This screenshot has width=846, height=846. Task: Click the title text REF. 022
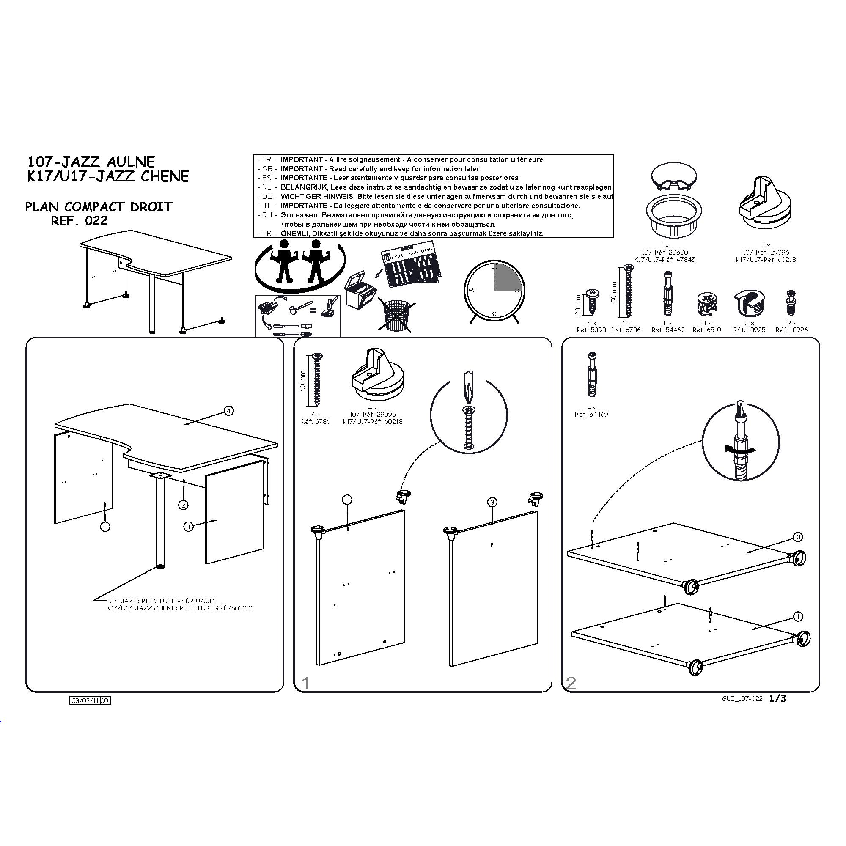tap(79, 221)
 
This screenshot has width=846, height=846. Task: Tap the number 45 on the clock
tap(472, 290)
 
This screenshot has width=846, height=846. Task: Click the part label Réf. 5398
tap(591, 330)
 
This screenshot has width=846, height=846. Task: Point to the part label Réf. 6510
tap(706, 330)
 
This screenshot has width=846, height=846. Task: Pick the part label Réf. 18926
tap(791, 330)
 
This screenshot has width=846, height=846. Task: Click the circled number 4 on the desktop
tap(228, 410)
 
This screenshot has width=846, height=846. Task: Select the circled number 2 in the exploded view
tap(183, 505)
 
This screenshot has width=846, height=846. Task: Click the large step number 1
tap(306, 683)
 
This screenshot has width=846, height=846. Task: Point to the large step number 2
tap(571, 683)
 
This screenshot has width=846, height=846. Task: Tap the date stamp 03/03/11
tap(85, 700)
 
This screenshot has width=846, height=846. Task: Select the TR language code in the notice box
tap(266, 233)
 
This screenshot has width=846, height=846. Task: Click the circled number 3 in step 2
tap(798, 537)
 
